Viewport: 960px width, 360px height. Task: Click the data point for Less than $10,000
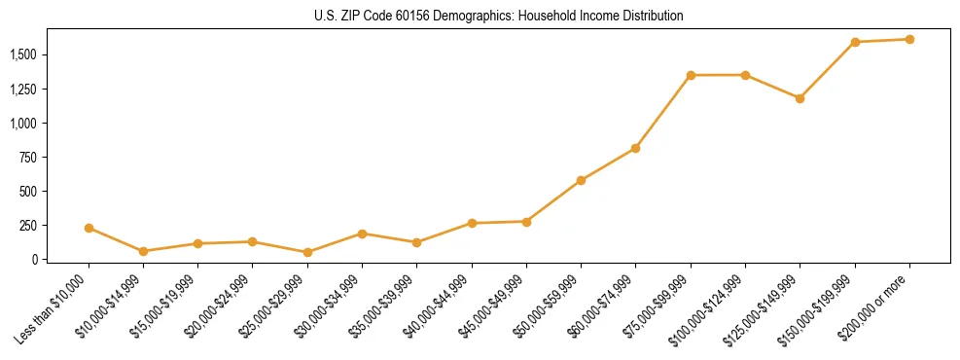tap(89, 228)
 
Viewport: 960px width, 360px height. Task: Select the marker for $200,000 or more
tap(909, 39)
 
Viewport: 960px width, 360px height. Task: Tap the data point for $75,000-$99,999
tap(691, 75)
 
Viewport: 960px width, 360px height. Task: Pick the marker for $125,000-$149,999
tap(800, 98)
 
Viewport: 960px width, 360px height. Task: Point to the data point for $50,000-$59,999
tap(581, 180)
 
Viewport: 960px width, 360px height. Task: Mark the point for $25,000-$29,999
tap(307, 252)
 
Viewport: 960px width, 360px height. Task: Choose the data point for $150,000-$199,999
tap(855, 42)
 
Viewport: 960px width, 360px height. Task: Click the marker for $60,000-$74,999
tap(635, 148)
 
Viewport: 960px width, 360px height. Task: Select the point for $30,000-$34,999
tap(362, 234)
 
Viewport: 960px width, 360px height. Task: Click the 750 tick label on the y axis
tap(34, 158)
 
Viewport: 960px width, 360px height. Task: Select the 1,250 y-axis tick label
tap(27, 90)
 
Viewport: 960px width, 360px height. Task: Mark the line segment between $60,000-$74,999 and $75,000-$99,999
tap(663, 111)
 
